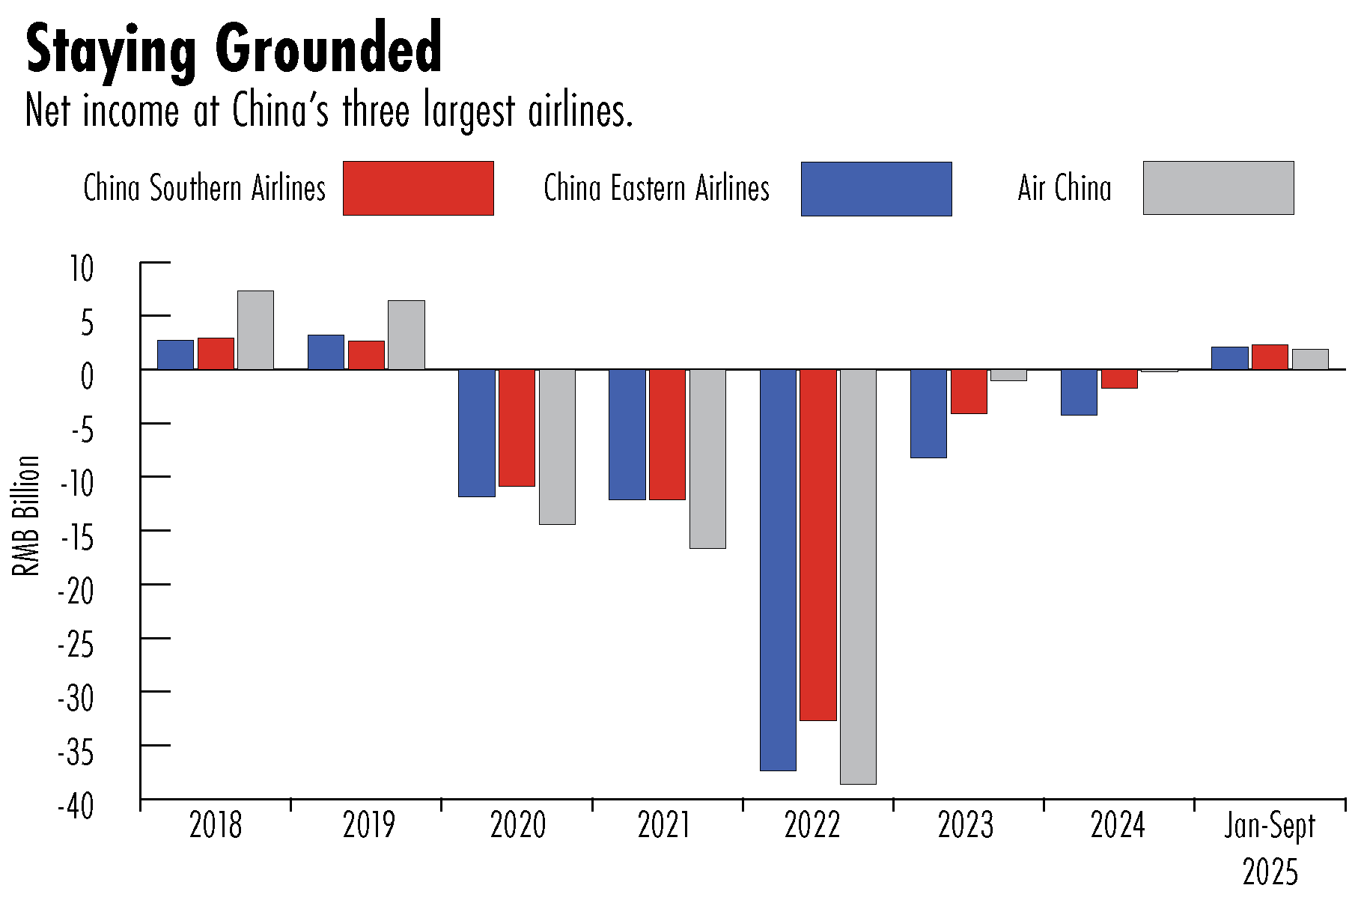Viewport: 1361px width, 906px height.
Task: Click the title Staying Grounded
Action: [234, 49]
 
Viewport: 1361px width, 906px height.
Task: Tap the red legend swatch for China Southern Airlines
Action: [418, 188]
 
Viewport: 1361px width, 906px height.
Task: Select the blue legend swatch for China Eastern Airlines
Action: [876, 189]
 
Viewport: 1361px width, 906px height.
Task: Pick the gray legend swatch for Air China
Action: [1218, 188]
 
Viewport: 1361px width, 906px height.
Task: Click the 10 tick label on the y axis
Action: [82, 269]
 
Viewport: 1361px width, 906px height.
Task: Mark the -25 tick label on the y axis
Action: [76, 645]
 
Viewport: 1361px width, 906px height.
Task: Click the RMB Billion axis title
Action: [27, 516]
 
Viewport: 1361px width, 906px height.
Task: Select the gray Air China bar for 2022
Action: [858, 577]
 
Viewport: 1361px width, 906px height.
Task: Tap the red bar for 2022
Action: [818, 544]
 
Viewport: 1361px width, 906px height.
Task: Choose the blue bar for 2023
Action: [928, 413]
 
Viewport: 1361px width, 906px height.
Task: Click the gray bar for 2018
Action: [255, 330]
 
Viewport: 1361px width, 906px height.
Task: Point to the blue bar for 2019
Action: [326, 352]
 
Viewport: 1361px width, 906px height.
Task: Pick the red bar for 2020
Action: [517, 428]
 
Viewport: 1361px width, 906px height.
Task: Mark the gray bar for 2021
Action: [707, 458]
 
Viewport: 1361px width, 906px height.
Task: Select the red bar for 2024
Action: [1119, 379]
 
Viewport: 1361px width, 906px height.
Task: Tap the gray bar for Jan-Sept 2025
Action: [1310, 359]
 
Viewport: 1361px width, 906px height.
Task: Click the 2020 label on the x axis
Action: [518, 825]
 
